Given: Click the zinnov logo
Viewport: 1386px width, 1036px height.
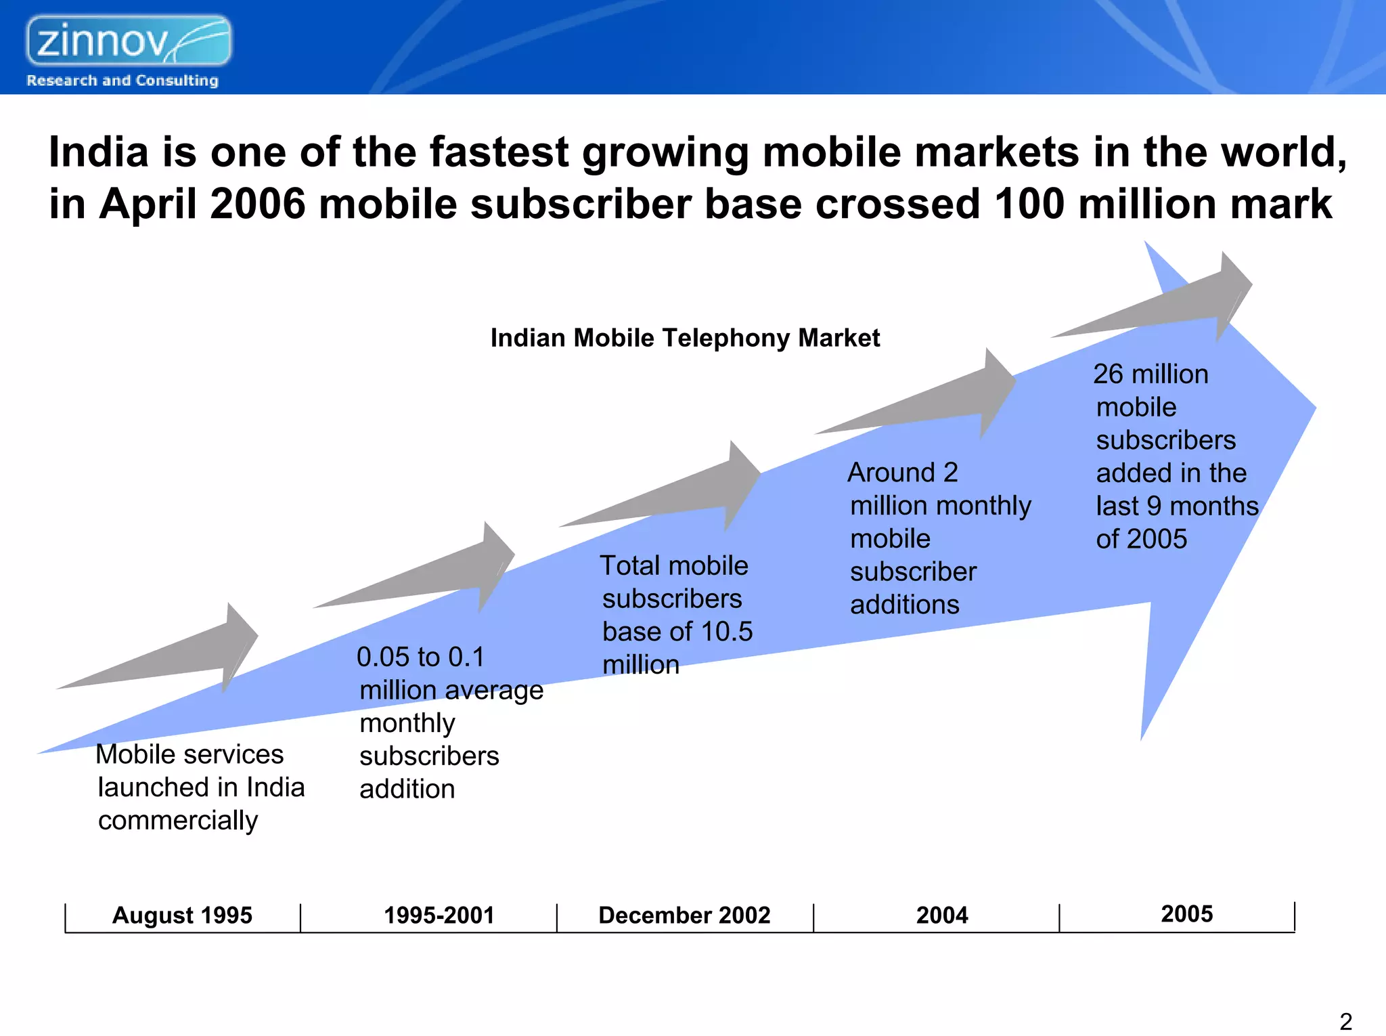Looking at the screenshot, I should (129, 41).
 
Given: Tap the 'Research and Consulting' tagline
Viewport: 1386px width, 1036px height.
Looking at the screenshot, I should (122, 81).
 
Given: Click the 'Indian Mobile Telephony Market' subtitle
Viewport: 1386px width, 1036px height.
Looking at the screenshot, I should (685, 338).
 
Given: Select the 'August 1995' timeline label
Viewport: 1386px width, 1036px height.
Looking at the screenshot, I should (182, 915).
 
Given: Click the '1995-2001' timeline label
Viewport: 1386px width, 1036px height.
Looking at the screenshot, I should (439, 915).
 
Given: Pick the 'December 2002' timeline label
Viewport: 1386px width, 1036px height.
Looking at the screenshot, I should (684, 915).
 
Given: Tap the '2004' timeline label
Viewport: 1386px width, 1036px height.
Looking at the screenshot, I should (942, 915).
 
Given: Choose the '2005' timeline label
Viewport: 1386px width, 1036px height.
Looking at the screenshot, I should (1187, 914).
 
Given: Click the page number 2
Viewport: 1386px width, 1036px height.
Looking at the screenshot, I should (1345, 1021).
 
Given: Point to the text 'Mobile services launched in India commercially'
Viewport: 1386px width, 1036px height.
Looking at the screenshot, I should (200, 787).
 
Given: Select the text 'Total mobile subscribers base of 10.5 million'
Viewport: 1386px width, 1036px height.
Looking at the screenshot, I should (675, 615).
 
